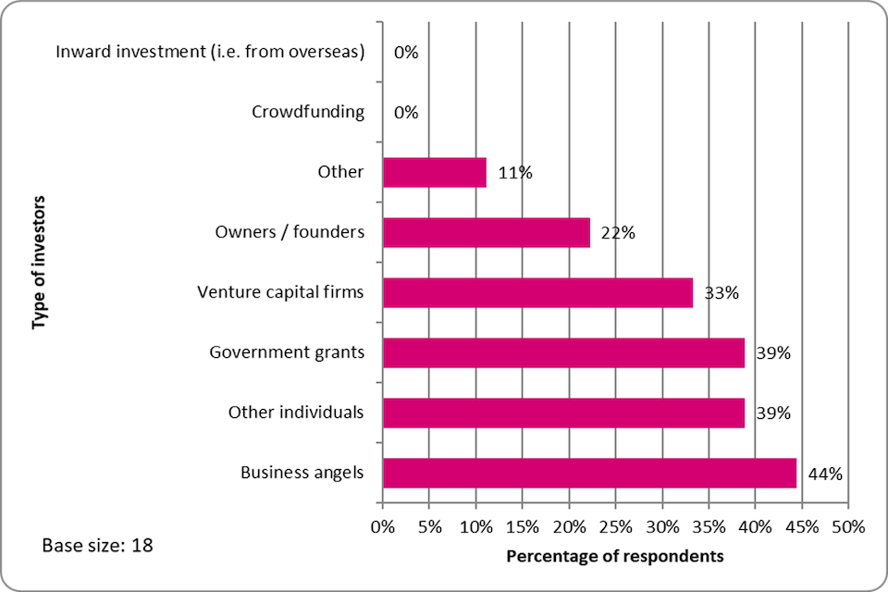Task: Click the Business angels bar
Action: click(589, 473)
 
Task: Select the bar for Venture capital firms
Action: click(537, 292)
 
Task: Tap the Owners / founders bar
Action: click(486, 232)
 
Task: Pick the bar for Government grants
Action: click(563, 352)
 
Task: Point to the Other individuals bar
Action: click(563, 413)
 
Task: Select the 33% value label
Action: click(721, 293)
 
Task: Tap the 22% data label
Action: click(617, 233)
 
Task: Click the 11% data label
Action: click(514, 173)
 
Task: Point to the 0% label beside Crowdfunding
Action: click(406, 113)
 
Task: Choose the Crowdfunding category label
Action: click(308, 113)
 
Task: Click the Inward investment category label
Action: click(210, 53)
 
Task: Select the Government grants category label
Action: click(287, 352)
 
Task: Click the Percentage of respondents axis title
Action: click(615, 557)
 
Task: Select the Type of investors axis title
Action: click(39, 262)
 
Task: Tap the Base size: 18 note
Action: click(97, 546)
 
